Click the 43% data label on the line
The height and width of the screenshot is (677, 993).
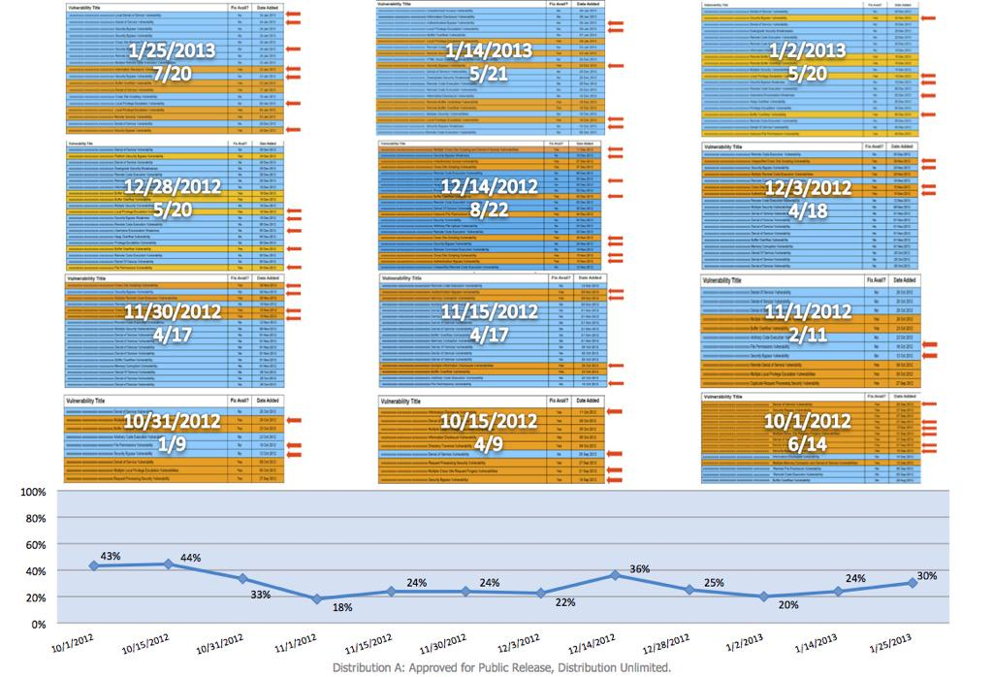tap(108, 556)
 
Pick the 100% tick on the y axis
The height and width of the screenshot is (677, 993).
tap(32, 493)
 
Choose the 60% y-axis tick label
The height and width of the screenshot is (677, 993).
tap(35, 545)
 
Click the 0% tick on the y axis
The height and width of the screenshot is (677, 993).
tap(39, 624)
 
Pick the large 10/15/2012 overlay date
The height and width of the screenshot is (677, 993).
tap(489, 422)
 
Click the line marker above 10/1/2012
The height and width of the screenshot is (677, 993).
tap(93, 566)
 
